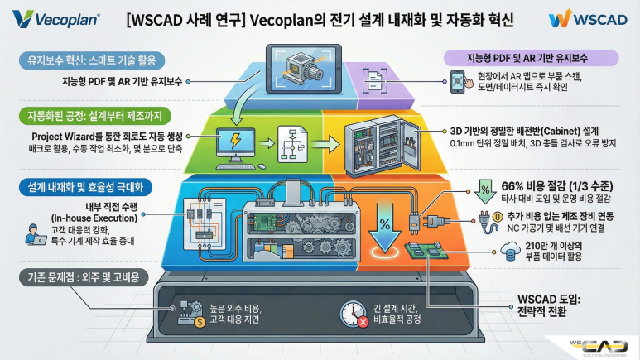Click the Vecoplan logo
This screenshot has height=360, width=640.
(x=56, y=19)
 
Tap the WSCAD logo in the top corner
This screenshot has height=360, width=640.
(x=588, y=19)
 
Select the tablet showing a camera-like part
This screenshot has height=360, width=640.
(x=303, y=69)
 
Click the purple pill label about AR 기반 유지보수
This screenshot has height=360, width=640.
(x=531, y=58)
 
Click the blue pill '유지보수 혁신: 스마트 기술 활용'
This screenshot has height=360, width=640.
(x=92, y=60)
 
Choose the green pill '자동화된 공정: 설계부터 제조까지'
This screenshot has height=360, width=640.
(x=94, y=117)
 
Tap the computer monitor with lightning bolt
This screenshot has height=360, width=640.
(x=235, y=146)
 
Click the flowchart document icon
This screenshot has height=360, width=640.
(x=292, y=145)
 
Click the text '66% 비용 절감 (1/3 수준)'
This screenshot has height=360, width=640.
(x=556, y=186)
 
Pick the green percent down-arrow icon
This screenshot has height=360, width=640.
(x=485, y=191)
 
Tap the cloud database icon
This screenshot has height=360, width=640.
(x=510, y=251)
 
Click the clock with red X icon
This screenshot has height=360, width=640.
(x=354, y=314)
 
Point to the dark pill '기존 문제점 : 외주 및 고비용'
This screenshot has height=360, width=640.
(x=84, y=277)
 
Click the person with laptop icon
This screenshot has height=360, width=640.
(x=36, y=234)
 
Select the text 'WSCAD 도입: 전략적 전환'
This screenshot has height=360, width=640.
(x=549, y=305)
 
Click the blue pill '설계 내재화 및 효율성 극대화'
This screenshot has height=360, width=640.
(x=85, y=187)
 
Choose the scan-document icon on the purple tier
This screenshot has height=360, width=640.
(x=375, y=80)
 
